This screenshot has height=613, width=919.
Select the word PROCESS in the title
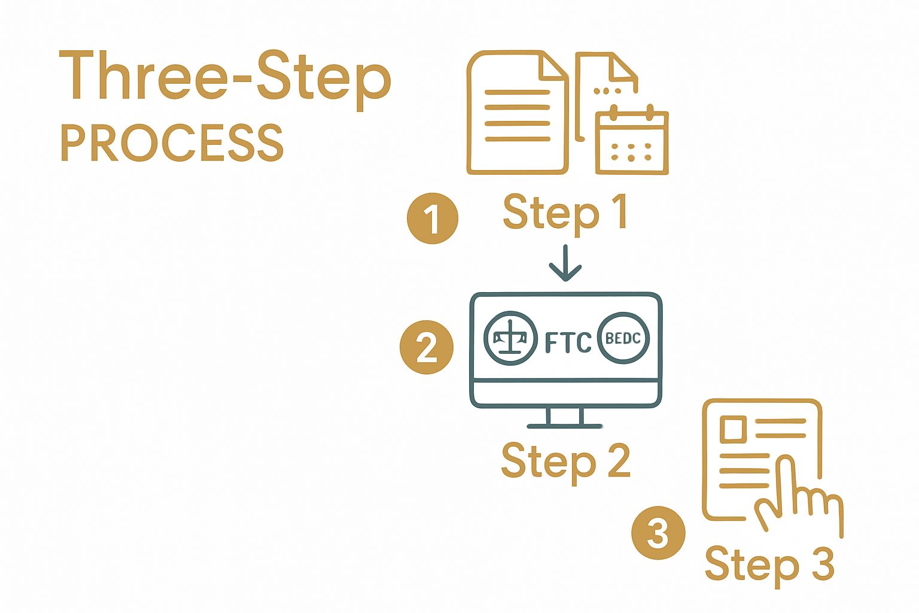click(172, 143)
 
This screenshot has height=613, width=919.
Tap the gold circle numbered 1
click(433, 218)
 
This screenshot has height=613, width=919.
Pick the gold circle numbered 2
click(427, 347)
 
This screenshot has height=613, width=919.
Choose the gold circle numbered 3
click(658, 532)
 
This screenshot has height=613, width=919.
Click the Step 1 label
click(565, 213)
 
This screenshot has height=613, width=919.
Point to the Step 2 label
click(565, 462)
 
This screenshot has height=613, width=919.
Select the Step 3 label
click(769, 565)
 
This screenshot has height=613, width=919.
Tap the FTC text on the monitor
click(568, 342)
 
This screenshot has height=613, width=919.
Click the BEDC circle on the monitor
click(623, 338)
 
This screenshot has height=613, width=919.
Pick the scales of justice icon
click(510, 338)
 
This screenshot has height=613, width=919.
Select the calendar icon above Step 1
click(632, 141)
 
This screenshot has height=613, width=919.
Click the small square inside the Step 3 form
click(732, 429)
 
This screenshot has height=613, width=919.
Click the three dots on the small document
click(607, 92)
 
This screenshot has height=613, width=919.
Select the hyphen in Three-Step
click(241, 83)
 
